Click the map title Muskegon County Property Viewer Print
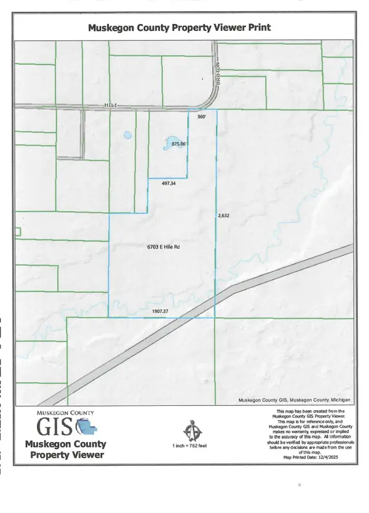pyautogui.click(x=179, y=28)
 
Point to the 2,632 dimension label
pyautogui.click(x=223, y=216)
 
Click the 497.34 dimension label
pyautogui.click(x=169, y=183)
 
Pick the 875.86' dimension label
pyautogui.click(x=179, y=144)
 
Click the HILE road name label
pyautogui.click(x=110, y=106)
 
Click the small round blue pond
pyautogui.click(x=127, y=135)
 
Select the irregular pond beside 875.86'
pyautogui.click(x=167, y=143)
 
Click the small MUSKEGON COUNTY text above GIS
pyautogui.click(x=65, y=413)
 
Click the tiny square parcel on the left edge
pyautogui.click(x=18, y=231)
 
